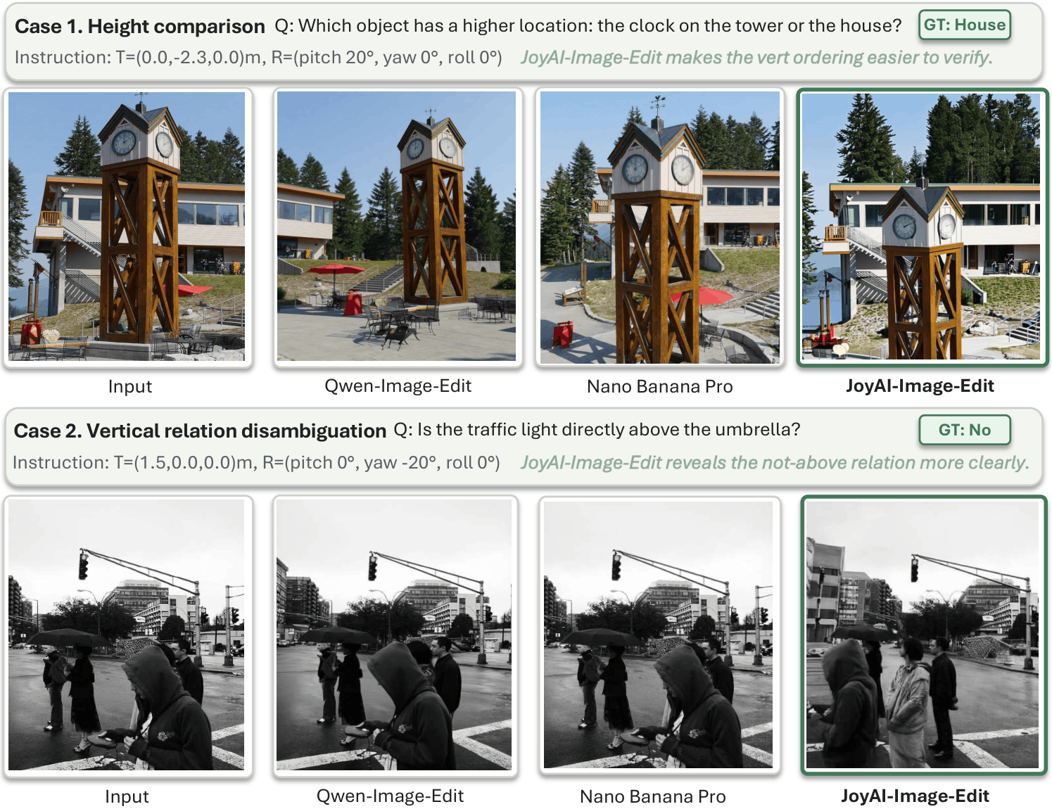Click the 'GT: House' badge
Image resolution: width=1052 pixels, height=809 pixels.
[x=964, y=25]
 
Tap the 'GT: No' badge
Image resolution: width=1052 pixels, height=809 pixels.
[x=964, y=430]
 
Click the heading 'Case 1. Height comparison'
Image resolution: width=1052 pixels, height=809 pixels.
[x=139, y=27]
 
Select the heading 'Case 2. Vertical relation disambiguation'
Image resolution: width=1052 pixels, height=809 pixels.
[x=200, y=431]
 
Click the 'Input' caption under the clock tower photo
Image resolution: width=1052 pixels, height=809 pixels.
[x=129, y=386]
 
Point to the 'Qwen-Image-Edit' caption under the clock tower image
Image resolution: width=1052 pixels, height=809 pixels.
[x=398, y=386]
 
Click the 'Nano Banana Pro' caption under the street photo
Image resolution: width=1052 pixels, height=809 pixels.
[x=652, y=796]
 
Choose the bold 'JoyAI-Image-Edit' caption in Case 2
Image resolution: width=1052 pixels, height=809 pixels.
[x=915, y=796]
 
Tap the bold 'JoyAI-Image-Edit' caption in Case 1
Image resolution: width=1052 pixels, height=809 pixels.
[x=920, y=386]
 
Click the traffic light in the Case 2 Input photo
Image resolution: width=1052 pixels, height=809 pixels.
[x=83, y=566]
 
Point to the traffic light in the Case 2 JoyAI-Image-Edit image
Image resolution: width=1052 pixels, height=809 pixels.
[x=915, y=569]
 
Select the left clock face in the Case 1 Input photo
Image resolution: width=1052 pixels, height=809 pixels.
[x=123, y=142]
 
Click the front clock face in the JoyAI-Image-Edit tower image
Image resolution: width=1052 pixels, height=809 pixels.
[x=904, y=226]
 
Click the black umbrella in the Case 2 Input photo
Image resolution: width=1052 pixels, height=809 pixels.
[x=67, y=637]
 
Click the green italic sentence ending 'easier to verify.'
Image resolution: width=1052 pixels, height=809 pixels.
[x=756, y=58]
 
